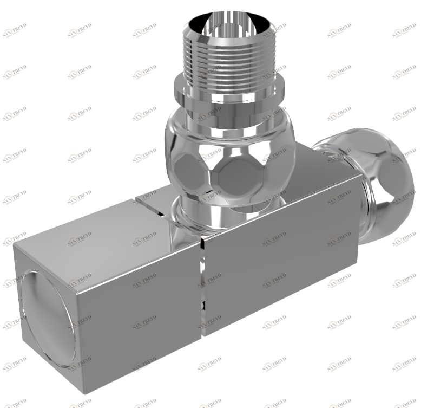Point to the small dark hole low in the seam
tap(203, 307)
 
